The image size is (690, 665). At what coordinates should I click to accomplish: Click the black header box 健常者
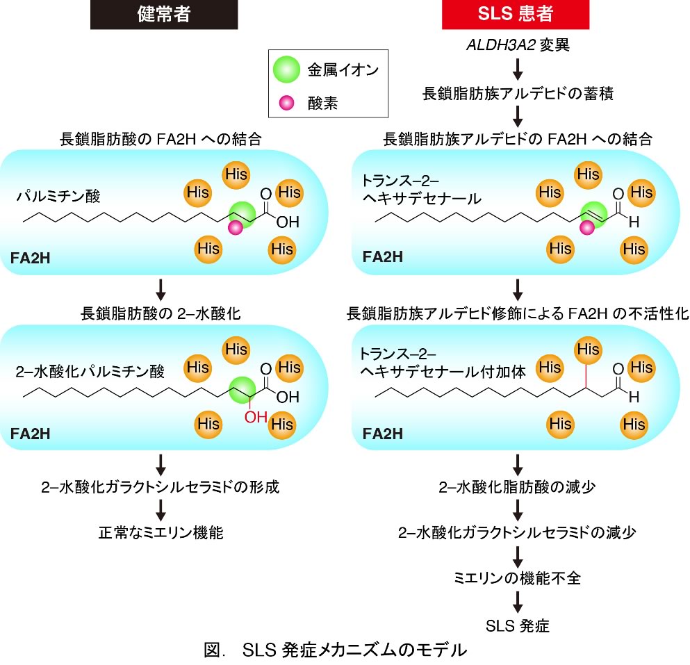coord(164,15)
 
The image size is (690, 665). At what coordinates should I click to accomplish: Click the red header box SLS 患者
coord(515,15)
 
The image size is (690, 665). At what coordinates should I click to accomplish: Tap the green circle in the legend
coord(286,70)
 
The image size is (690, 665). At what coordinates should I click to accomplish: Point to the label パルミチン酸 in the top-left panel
coord(59,197)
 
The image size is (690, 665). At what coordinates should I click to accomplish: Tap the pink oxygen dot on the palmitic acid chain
coord(236,227)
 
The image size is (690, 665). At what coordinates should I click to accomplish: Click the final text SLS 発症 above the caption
coord(518,625)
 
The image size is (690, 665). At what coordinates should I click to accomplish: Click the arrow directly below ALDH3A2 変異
coord(518,69)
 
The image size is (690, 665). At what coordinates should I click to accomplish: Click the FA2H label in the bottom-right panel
coord(382,434)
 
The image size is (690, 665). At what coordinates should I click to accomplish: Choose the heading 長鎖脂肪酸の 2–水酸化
coord(161,312)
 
